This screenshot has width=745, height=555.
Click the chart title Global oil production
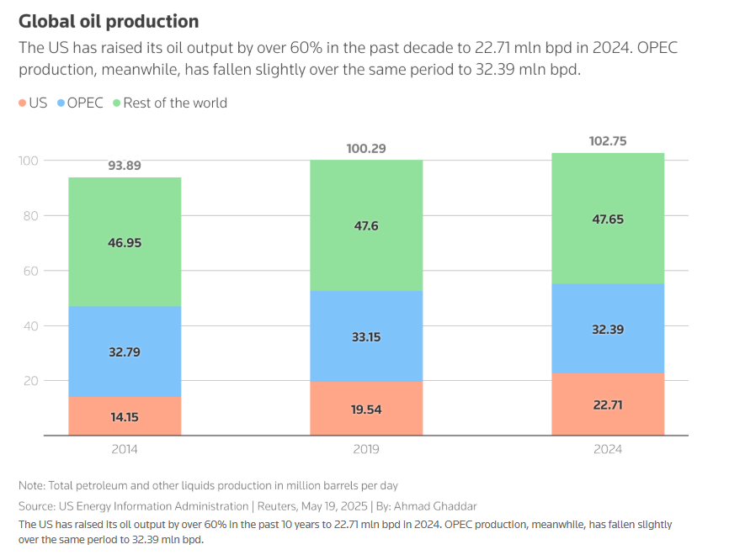[109, 22]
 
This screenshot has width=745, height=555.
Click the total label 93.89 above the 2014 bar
[125, 166]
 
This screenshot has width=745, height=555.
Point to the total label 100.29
[366, 149]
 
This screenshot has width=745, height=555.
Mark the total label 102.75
[608, 141]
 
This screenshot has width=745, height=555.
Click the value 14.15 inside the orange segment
[125, 415]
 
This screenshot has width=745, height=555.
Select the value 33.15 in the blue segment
[366, 337]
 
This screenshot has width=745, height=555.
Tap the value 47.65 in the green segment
[608, 219]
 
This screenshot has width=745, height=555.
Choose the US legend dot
[23, 103]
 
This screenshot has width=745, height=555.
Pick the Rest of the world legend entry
[175, 103]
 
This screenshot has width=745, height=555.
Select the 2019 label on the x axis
[366, 449]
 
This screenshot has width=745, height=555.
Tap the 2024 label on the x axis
[608, 449]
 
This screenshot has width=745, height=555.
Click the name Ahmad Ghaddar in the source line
[439, 506]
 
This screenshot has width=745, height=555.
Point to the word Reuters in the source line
[276, 506]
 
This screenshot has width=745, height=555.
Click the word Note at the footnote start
[32, 485]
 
